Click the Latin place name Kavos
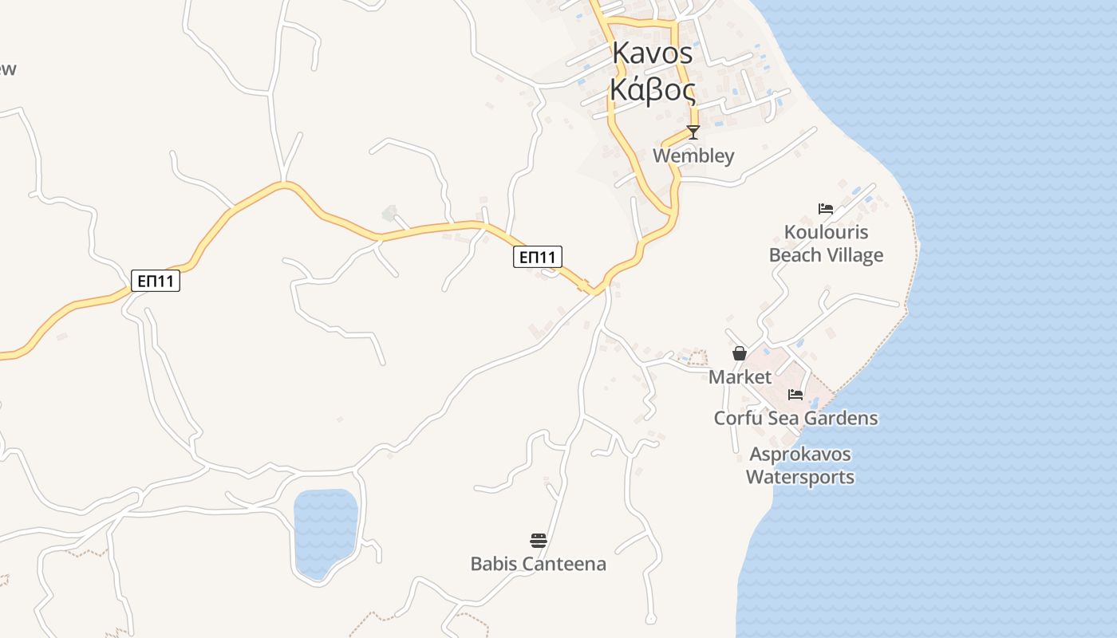click(x=653, y=53)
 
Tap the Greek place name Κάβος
click(x=653, y=90)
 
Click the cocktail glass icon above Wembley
click(x=693, y=132)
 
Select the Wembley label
click(x=693, y=156)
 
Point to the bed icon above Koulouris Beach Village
click(x=826, y=209)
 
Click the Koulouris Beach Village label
click(x=826, y=243)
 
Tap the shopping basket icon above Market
click(x=740, y=353)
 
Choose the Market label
click(x=740, y=376)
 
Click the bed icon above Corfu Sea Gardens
click(x=795, y=394)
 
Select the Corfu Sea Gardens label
click(x=795, y=418)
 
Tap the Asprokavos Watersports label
click(x=799, y=466)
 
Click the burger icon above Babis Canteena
click(x=538, y=541)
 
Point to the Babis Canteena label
click(x=538, y=564)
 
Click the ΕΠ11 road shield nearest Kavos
click(x=537, y=257)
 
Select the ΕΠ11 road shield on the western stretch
click(x=156, y=281)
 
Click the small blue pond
click(x=325, y=531)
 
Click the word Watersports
click(x=799, y=477)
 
